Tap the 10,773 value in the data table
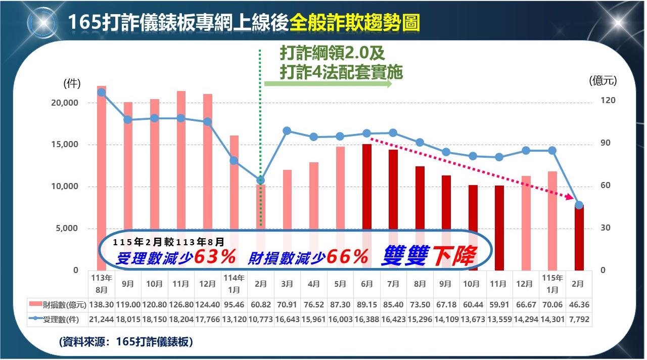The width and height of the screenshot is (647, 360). click(x=261, y=320)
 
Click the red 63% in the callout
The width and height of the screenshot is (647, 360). click(x=215, y=257)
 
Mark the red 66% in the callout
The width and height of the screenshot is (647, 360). click(x=347, y=257)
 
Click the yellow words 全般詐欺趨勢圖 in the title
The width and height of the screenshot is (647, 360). click(x=354, y=23)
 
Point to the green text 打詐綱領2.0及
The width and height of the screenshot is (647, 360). click(x=333, y=53)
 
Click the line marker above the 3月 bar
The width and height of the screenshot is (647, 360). click(x=287, y=131)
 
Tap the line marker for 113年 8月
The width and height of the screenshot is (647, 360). click(x=102, y=93)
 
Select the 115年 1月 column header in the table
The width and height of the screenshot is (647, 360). click(x=552, y=284)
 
